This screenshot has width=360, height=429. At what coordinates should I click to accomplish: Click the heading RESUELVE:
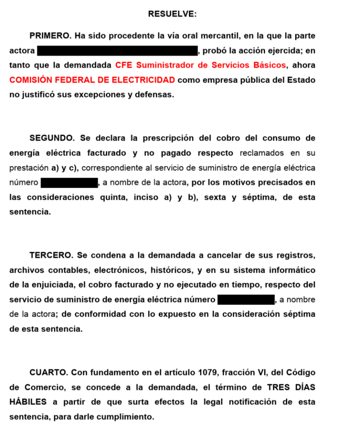click(172, 14)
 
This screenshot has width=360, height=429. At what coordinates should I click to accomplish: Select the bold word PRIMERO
click(50, 36)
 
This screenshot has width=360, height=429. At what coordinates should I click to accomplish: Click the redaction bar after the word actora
click(117, 51)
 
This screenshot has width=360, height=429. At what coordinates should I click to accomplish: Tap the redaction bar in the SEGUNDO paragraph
click(69, 183)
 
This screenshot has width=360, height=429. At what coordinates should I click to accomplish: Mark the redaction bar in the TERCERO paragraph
click(246, 300)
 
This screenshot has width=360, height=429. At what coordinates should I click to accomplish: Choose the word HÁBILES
click(28, 402)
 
